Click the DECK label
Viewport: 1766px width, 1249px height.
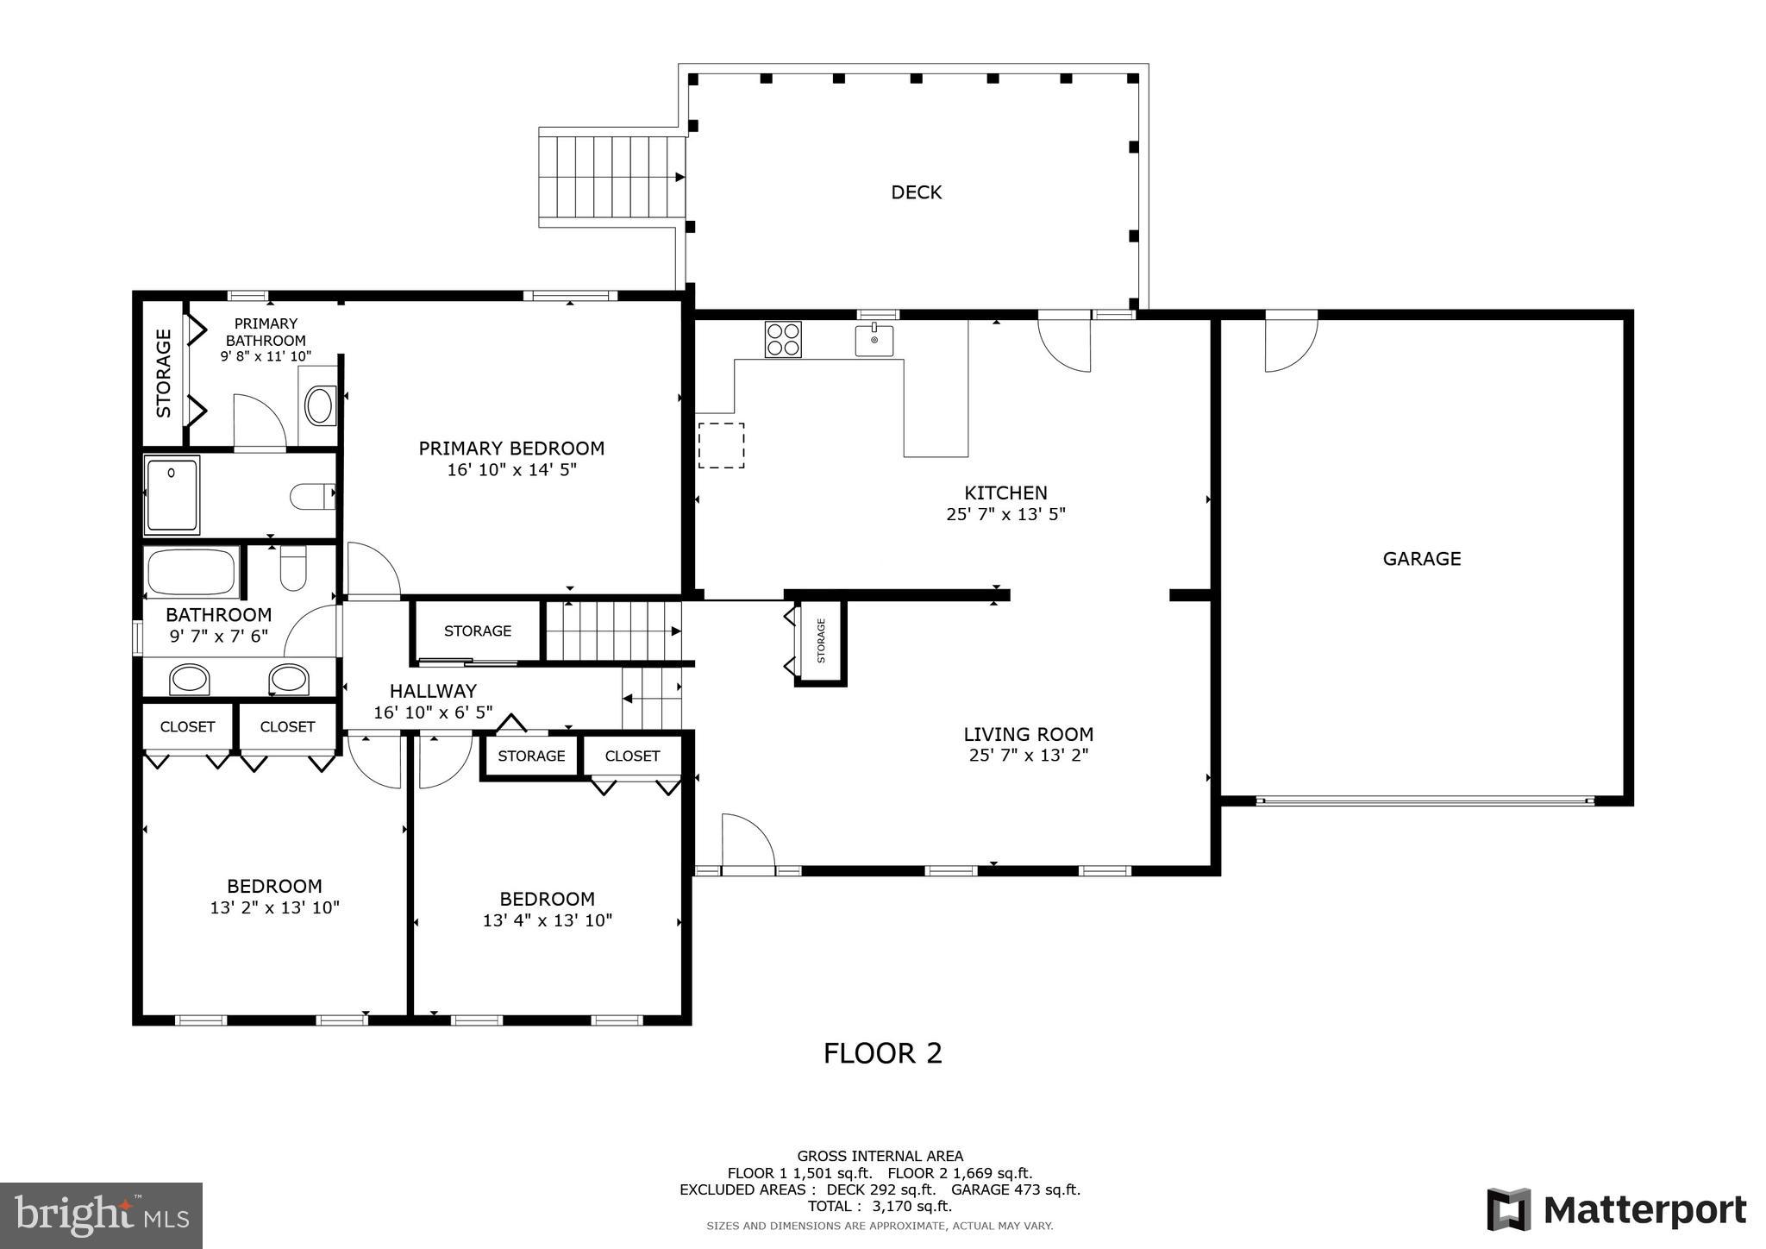(x=916, y=192)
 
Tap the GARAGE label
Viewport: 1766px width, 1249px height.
(x=1421, y=559)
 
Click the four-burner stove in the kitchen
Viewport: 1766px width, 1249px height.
(x=783, y=339)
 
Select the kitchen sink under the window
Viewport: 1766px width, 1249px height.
(x=874, y=340)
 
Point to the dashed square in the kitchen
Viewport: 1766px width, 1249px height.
(x=721, y=445)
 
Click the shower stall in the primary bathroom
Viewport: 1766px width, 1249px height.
(x=172, y=495)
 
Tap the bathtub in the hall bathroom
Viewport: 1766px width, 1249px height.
(x=191, y=571)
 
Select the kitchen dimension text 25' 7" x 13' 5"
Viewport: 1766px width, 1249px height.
(x=1005, y=515)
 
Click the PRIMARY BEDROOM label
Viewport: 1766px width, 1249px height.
(x=511, y=449)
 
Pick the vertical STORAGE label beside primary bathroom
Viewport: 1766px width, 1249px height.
(x=164, y=373)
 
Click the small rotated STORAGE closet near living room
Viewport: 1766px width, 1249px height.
(x=821, y=641)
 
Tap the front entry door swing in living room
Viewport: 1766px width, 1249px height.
(x=747, y=842)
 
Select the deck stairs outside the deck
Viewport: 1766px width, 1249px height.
(x=611, y=177)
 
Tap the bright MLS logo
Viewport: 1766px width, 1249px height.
(x=101, y=1215)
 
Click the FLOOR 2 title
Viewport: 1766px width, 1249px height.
(x=882, y=1053)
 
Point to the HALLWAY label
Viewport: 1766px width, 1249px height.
(x=433, y=691)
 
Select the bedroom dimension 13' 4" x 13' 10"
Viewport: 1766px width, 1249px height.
(x=547, y=920)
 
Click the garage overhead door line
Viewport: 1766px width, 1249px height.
(x=1425, y=800)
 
